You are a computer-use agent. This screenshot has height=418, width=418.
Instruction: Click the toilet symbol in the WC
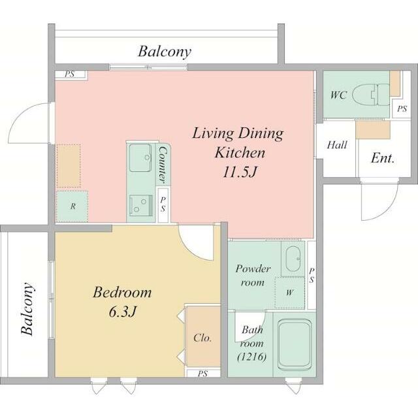(x=370, y=94)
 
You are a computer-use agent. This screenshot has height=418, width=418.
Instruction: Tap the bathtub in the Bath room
(x=295, y=346)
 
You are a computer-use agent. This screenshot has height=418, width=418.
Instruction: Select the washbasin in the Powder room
(x=293, y=259)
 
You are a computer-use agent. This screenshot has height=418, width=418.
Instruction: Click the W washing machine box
(x=289, y=293)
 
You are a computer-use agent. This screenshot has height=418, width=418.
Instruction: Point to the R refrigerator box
(x=72, y=206)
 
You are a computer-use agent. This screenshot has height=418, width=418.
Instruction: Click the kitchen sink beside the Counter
(x=140, y=157)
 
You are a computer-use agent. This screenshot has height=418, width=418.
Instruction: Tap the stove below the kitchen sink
(x=141, y=204)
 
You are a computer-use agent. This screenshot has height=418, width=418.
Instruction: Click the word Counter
(x=163, y=165)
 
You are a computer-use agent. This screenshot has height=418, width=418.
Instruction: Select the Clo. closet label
(x=202, y=338)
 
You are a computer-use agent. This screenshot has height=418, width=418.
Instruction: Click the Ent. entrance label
(x=383, y=158)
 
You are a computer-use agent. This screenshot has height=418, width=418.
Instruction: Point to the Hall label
(x=337, y=145)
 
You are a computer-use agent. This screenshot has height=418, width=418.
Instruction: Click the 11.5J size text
(x=240, y=172)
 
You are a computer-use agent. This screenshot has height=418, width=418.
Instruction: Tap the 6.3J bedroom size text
(x=123, y=312)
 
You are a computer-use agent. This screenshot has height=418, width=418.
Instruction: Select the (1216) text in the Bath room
(x=251, y=357)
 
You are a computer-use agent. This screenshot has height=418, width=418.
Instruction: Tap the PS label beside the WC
(x=402, y=109)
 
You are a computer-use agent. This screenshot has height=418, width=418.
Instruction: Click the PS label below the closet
(x=202, y=374)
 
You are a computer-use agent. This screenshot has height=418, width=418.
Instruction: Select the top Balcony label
(x=165, y=52)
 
